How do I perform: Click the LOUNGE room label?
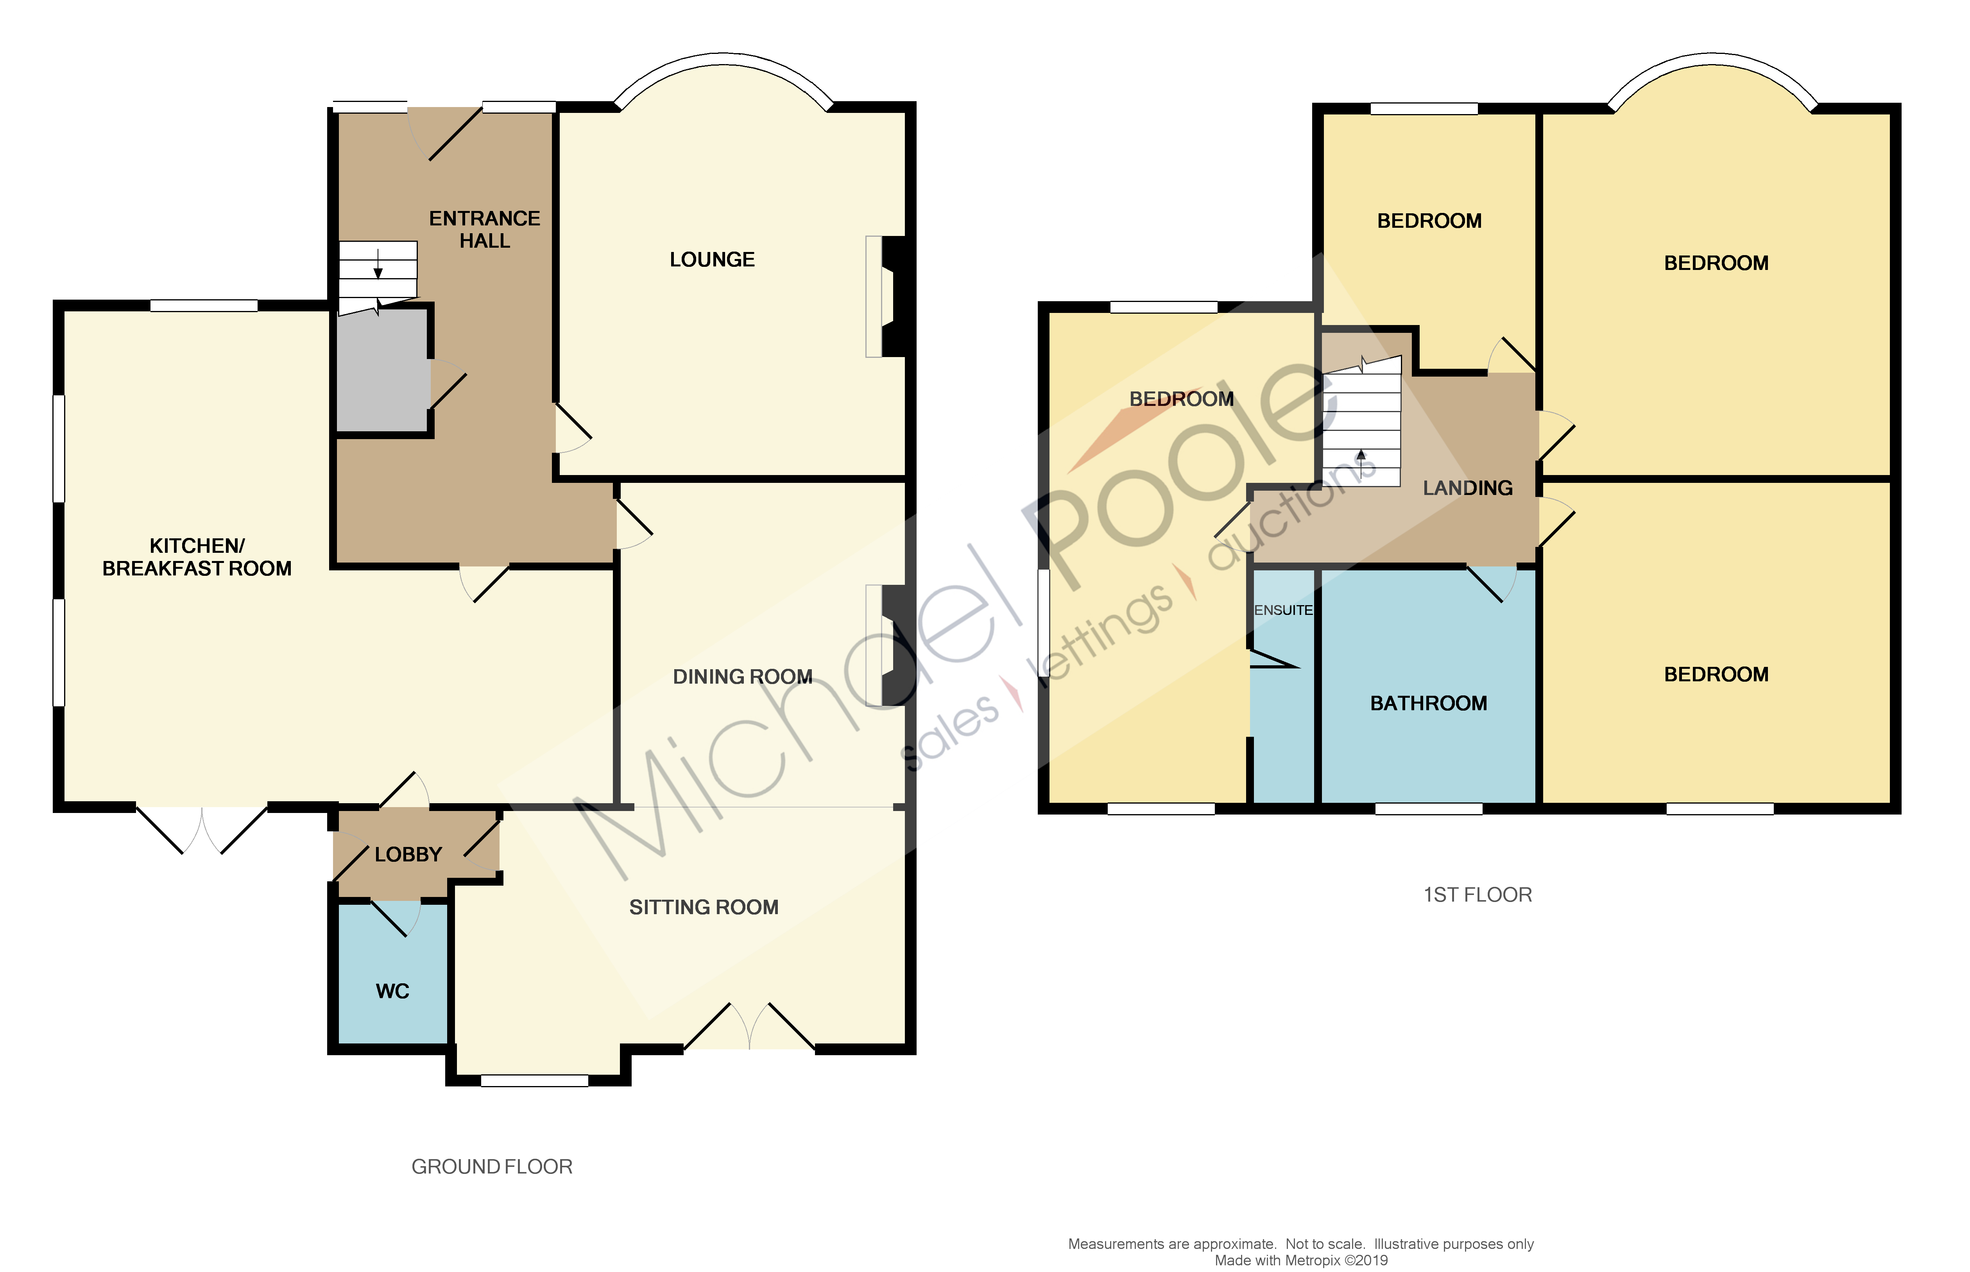click(x=711, y=259)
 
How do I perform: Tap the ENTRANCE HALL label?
click(x=484, y=230)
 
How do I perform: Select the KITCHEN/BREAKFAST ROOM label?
click(x=197, y=557)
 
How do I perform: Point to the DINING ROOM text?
click(x=742, y=677)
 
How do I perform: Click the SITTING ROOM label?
click(x=703, y=907)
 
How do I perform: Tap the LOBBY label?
click(x=408, y=854)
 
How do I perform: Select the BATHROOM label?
click(x=1428, y=703)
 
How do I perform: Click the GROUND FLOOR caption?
click(x=492, y=1166)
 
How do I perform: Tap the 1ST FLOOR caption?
click(x=1477, y=895)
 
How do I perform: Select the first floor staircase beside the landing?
click(x=1361, y=425)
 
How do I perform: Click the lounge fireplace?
click(x=888, y=297)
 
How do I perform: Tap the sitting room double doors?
click(x=749, y=1027)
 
